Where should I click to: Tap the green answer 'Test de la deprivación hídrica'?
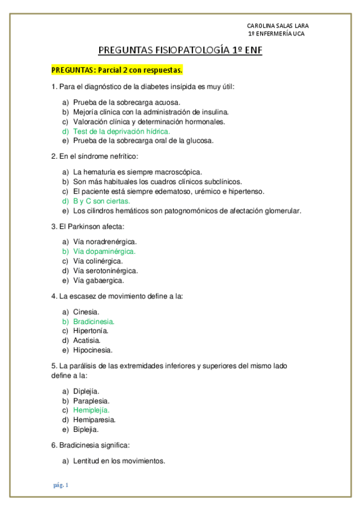click(121, 131)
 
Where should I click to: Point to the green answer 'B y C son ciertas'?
click(102, 201)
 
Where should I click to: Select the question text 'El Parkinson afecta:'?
click(88, 226)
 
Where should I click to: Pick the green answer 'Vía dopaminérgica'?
click(104, 251)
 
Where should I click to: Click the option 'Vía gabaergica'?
click(99, 280)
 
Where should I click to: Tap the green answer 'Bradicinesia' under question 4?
click(94, 321)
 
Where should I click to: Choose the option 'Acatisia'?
click(87, 340)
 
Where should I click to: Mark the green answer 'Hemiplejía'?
click(91, 410)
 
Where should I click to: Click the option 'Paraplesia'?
click(91, 401)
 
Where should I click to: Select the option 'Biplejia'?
click(86, 429)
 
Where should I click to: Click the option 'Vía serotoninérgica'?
click(101, 271)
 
